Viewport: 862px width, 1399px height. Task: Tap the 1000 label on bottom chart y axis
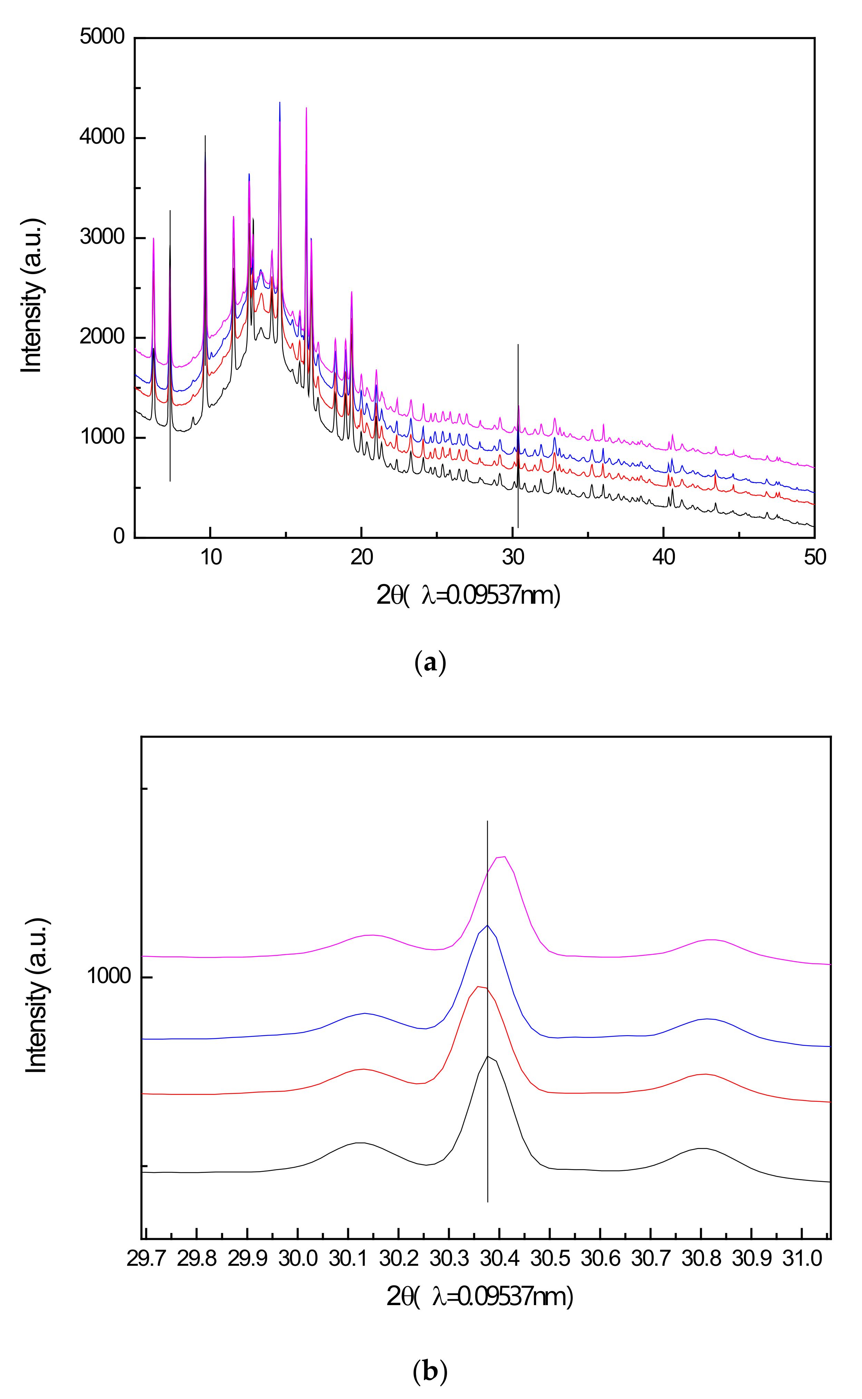click(x=109, y=976)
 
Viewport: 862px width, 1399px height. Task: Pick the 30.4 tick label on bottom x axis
click(x=500, y=1258)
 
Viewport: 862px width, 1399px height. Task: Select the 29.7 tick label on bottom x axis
click(x=146, y=1258)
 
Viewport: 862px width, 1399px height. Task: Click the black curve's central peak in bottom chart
click(x=487, y=1056)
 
